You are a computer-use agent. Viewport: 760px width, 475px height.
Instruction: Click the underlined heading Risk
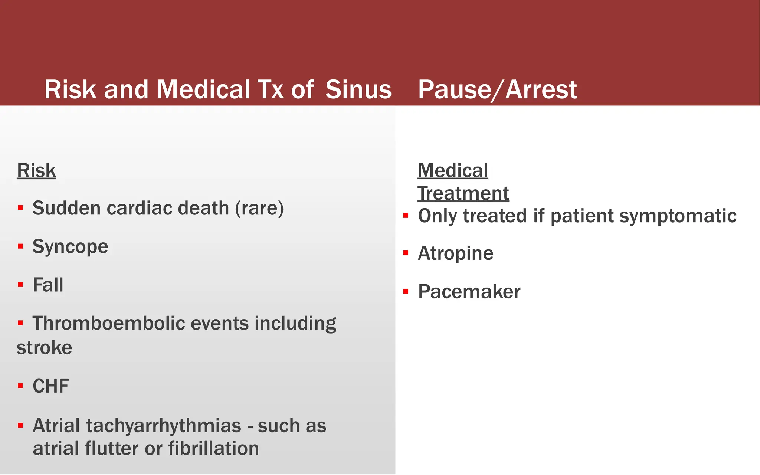pos(36,171)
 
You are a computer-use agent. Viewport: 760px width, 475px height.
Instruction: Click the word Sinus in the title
pos(358,90)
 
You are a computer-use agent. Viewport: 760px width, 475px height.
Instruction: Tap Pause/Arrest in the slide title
pos(497,90)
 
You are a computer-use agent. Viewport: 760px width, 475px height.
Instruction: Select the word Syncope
pos(70,247)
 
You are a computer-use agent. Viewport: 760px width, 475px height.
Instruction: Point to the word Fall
pos(48,285)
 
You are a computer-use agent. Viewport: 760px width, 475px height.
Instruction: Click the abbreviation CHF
pos(50,386)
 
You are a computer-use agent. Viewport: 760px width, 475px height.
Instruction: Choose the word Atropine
pos(455,253)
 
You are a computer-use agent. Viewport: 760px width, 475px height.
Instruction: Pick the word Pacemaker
pos(469,292)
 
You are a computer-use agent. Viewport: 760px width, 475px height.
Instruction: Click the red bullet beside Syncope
pos(20,246)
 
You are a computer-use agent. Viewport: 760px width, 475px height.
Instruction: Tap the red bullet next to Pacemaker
pos(406,292)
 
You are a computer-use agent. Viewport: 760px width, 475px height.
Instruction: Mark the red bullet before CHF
pos(20,386)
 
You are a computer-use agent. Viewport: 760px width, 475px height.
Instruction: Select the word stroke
pos(44,348)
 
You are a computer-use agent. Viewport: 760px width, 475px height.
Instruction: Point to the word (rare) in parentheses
pos(259,208)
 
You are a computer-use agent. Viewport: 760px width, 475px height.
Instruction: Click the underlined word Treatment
pos(463,194)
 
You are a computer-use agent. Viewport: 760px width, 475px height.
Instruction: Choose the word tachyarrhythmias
pos(164,426)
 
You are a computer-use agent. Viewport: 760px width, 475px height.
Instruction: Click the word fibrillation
pos(213,449)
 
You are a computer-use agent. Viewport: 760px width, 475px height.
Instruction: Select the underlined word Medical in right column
pos(453,171)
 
